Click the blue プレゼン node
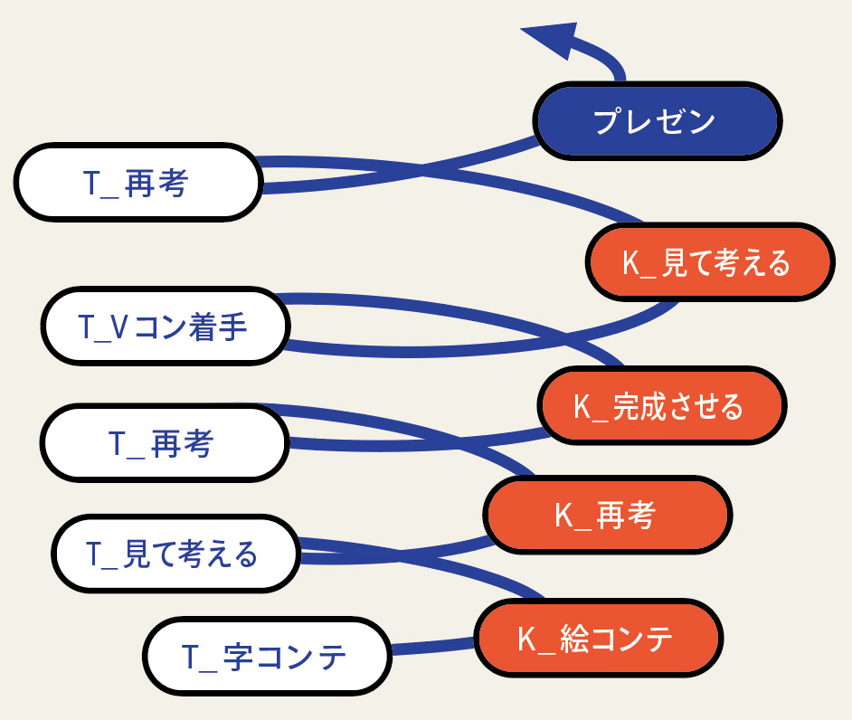[x=658, y=120]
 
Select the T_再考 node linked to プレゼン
[x=138, y=182]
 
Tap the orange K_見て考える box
[x=710, y=262]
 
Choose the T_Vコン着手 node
[x=166, y=326]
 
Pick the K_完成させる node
[x=662, y=405]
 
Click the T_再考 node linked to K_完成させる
[x=165, y=443]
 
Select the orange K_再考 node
[x=608, y=515]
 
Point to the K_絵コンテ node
[x=599, y=638]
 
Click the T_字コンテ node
[x=268, y=656]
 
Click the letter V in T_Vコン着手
[x=119, y=327]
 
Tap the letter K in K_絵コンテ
[x=527, y=639]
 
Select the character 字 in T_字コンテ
[x=238, y=657]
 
